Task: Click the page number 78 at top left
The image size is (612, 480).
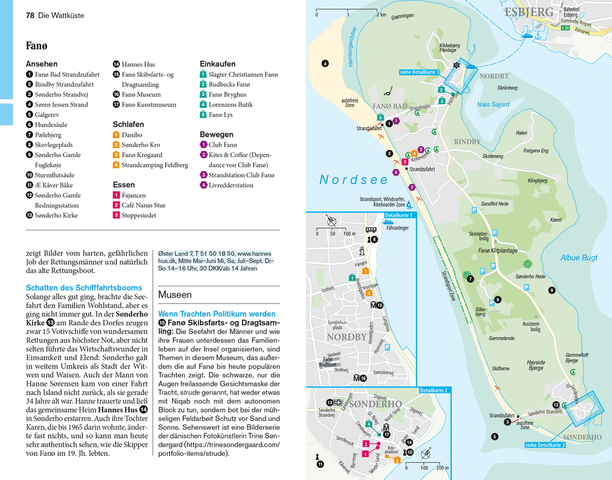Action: (x=30, y=15)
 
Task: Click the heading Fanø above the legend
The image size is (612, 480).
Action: (x=37, y=46)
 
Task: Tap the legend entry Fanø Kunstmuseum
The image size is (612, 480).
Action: (x=149, y=104)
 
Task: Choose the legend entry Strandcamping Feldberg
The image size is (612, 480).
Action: (x=154, y=165)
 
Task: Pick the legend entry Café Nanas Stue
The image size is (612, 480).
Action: (x=143, y=205)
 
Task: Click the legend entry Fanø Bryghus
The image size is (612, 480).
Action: (x=227, y=94)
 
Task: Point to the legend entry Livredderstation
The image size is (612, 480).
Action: (x=230, y=185)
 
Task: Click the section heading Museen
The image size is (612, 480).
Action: (x=175, y=295)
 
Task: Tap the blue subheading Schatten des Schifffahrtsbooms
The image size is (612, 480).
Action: (x=84, y=287)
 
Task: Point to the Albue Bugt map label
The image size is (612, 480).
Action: (x=578, y=257)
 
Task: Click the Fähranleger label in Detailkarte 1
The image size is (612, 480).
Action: (x=397, y=228)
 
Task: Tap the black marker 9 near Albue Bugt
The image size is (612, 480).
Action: (x=551, y=290)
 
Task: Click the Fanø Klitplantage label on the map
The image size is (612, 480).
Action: (x=497, y=251)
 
